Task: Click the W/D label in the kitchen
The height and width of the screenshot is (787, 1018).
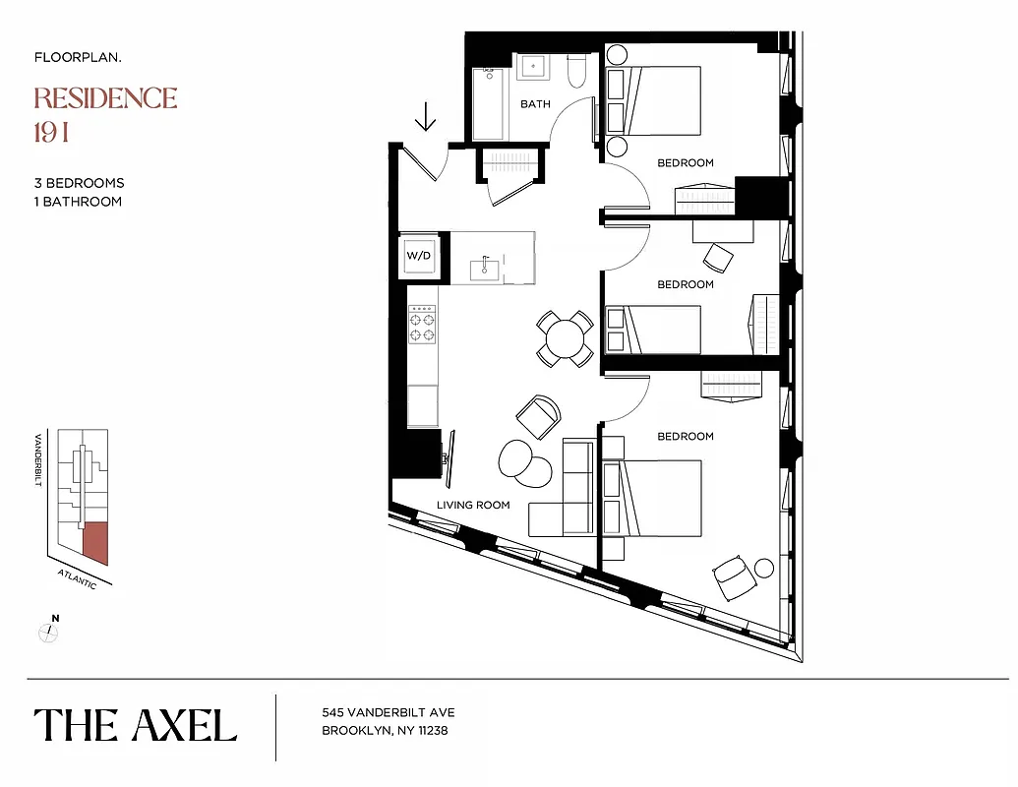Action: pyautogui.click(x=418, y=256)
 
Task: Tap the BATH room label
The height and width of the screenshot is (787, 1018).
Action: pyautogui.click(x=535, y=104)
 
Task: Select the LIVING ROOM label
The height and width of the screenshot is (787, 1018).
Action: pyautogui.click(x=473, y=505)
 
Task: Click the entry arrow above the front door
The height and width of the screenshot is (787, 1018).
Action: pyautogui.click(x=425, y=119)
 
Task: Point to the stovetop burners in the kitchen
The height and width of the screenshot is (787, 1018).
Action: pyautogui.click(x=423, y=323)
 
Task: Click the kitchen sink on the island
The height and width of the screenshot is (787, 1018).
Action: pyautogui.click(x=486, y=266)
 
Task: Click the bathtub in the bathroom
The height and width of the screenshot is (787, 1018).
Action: pyautogui.click(x=488, y=103)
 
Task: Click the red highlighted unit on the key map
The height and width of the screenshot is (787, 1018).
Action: pyautogui.click(x=94, y=542)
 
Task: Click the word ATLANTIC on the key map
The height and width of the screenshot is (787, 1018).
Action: pyautogui.click(x=77, y=577)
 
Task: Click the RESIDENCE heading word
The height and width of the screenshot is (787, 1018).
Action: pyautogui.click(x=105, y=98)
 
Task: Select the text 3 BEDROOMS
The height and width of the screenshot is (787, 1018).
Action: pyautogui.click(x=79, y=183)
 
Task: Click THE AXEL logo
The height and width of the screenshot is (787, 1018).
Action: pyautogui.click(x=136, y=725)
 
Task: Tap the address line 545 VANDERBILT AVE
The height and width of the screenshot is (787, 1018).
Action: pyautogui.click(x=388, y=713)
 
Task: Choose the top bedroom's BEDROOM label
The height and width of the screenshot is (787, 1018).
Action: pyautogui.click(x=686, y=163)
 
